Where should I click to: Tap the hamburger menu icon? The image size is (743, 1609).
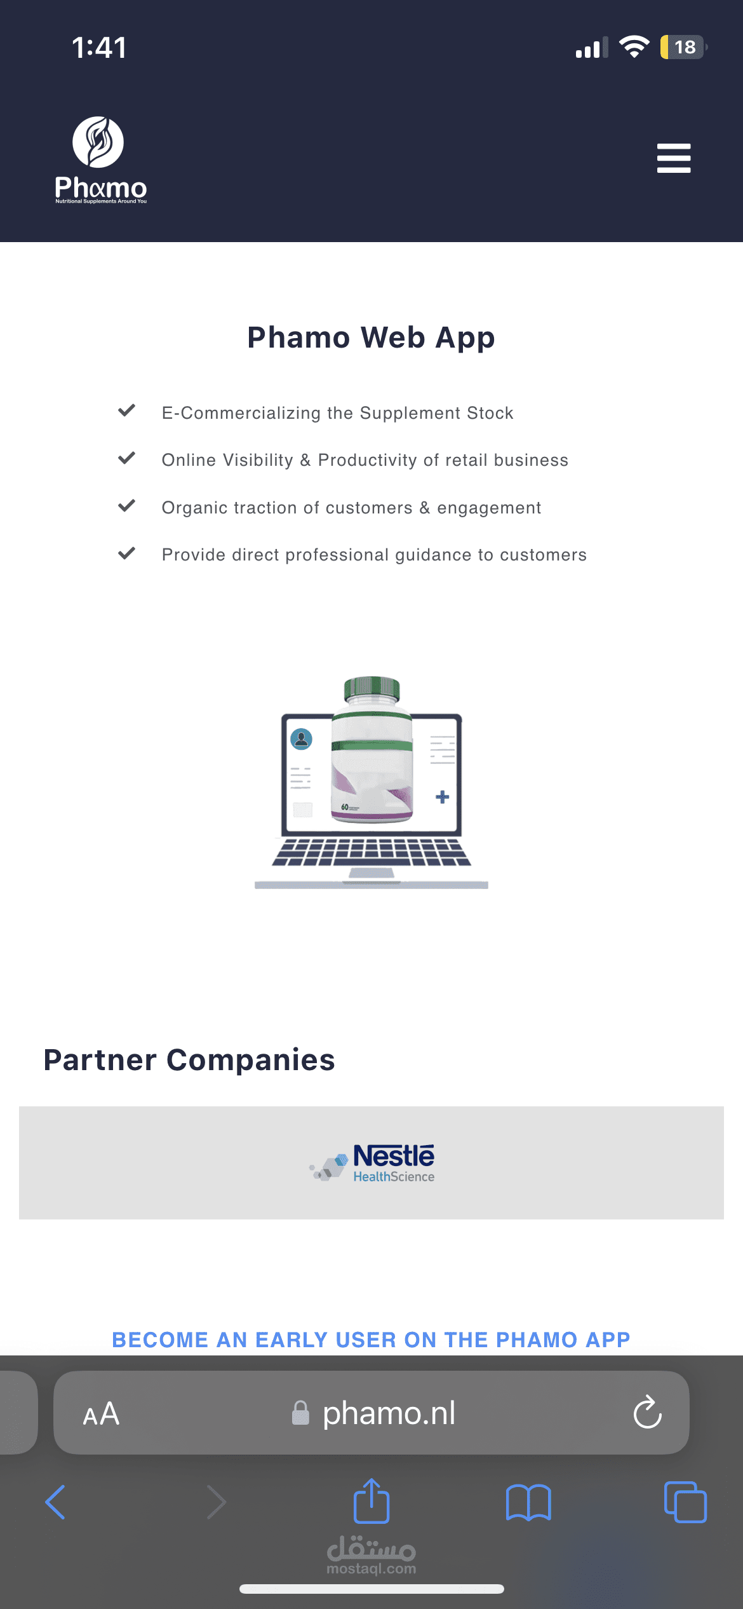point(674,158)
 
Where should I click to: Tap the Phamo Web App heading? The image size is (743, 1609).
point(371,337)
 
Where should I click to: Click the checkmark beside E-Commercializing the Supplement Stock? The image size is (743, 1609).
point(127,411)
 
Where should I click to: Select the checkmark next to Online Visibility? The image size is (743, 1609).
point(127,458)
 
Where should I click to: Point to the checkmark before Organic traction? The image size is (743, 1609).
point(127,506)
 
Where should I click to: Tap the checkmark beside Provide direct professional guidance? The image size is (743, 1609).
point(127,553)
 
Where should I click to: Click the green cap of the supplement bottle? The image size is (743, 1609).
point(372,688)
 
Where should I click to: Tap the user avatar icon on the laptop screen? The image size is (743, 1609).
point(301,739)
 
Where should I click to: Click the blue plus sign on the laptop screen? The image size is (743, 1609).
point(443,797)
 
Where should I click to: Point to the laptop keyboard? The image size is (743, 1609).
point(371,852)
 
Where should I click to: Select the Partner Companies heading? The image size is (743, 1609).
point(189,1060)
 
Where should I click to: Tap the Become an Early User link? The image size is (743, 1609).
point(371,1340)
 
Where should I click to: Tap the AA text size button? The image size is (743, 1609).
point(101,1414)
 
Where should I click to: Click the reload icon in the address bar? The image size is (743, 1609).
point(648,1412)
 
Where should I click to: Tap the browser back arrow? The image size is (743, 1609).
point(55,1502)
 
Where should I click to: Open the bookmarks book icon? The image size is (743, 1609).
point(528,1502)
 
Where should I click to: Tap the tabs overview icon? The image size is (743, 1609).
point(685,1502)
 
